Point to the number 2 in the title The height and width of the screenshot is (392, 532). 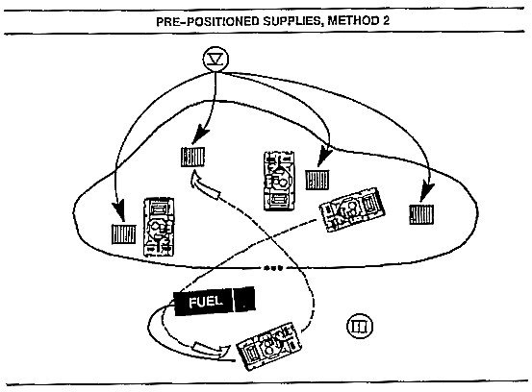click(386, 21)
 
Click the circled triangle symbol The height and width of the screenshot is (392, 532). click(215, 59)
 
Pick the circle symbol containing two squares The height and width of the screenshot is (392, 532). click(360, 326)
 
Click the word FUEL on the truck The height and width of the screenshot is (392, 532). click(206, 302)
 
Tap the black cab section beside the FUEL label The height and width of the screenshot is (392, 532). click(244, 299)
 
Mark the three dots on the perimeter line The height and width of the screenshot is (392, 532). click(273, 268)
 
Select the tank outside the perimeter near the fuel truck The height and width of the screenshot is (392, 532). click(269, 346)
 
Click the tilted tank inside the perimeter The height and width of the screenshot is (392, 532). click(352, 208)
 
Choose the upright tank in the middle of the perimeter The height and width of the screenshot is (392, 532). click(279, 181)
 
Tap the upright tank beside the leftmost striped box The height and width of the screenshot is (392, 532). click(159, 227)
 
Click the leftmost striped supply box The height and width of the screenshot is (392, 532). click(124, 233)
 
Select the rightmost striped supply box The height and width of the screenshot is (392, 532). click(421, 214)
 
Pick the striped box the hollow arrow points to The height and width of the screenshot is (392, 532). click(192, 157)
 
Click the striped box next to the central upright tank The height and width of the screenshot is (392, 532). click(317, 180)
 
